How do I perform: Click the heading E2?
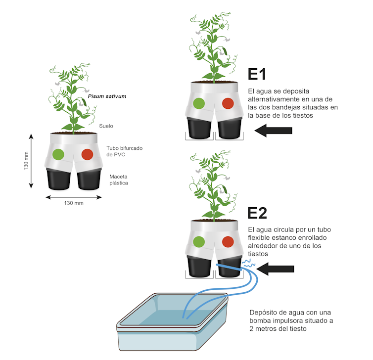[258, 213]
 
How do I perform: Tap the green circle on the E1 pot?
[199, 103]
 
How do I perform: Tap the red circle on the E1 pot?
[228, 103]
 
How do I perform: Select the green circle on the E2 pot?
[199, 242]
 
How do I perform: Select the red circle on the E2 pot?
[228, 242]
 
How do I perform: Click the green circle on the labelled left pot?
[58, 154]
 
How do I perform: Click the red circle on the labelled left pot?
[87, 154]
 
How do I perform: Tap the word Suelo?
[106, 126]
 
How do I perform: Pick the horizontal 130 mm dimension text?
[74, 203]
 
